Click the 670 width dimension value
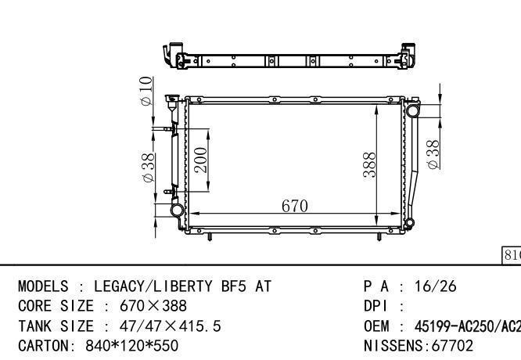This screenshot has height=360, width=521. coord(294,206)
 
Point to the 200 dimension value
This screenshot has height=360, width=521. coord(199,160)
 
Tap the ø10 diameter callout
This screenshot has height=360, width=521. coord(146,92)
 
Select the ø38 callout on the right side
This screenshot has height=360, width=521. coord(432,154)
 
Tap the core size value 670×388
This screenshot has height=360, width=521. coord(153,305)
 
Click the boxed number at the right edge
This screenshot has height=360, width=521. coord(511,255)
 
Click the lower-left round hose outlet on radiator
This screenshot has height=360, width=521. coord(178,210)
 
